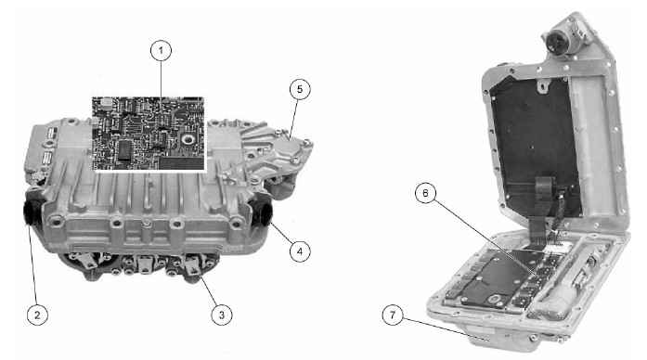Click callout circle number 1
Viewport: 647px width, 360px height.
pyautogui.click(x=161, y=51)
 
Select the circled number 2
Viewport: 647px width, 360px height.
pyautogui.click(x=37, y=315)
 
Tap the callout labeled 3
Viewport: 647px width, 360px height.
pyautogui.click(x=222, y=315)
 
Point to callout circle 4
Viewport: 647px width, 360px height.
pyautogui.click(x=300, y=251)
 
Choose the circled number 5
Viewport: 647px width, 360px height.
pyautogui.click(x=300, y=89)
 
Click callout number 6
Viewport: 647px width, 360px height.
pyautogui.click(x=426, y=193)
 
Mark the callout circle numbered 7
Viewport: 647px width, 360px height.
pyautogui.click(x=393, y=315)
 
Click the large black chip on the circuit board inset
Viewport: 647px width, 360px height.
pyautogui.click(x=123, y=150)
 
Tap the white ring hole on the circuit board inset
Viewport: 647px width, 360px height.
pyautogui.click(x=188, y=138)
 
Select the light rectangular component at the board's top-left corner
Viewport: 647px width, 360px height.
pyautogui.click(x=108, y=100)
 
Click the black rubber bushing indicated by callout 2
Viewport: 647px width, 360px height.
pyautogui.click(x=31, y=211)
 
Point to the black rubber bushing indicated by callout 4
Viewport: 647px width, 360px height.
pyautogui.click(x=264, y=210)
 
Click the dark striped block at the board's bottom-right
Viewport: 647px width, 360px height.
pyautogui.click(x=182, y=162)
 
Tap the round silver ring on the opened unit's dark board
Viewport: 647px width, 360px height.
pyautogui.click(x=495, y=300)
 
